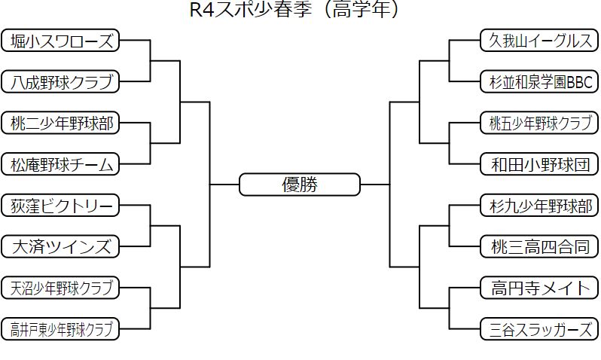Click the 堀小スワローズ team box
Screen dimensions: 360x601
pos(60,41)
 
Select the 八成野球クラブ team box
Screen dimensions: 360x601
pos(60,81)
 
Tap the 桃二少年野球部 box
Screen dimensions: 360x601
pos(60,123)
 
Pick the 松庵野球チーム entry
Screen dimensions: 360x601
pos(60,163)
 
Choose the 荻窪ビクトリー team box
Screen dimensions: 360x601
pos(60,205)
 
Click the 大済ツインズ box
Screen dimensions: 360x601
pos(60,246)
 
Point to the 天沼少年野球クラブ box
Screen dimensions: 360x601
pos(60,287)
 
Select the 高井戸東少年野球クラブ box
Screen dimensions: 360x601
pos(60,328)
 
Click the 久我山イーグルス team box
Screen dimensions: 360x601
pos(539,41)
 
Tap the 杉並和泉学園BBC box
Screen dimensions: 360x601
pos(539,81)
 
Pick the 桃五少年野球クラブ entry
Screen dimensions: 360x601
pos(539,123)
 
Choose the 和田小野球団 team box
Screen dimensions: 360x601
pos(539,163)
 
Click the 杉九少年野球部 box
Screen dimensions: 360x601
pos(539,205)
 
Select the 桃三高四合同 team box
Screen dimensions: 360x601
pos(539,246)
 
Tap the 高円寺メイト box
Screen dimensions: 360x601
pos(539,287)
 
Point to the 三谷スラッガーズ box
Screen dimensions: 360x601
pos(539,328)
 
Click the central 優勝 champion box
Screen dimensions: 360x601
pos(300,185)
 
